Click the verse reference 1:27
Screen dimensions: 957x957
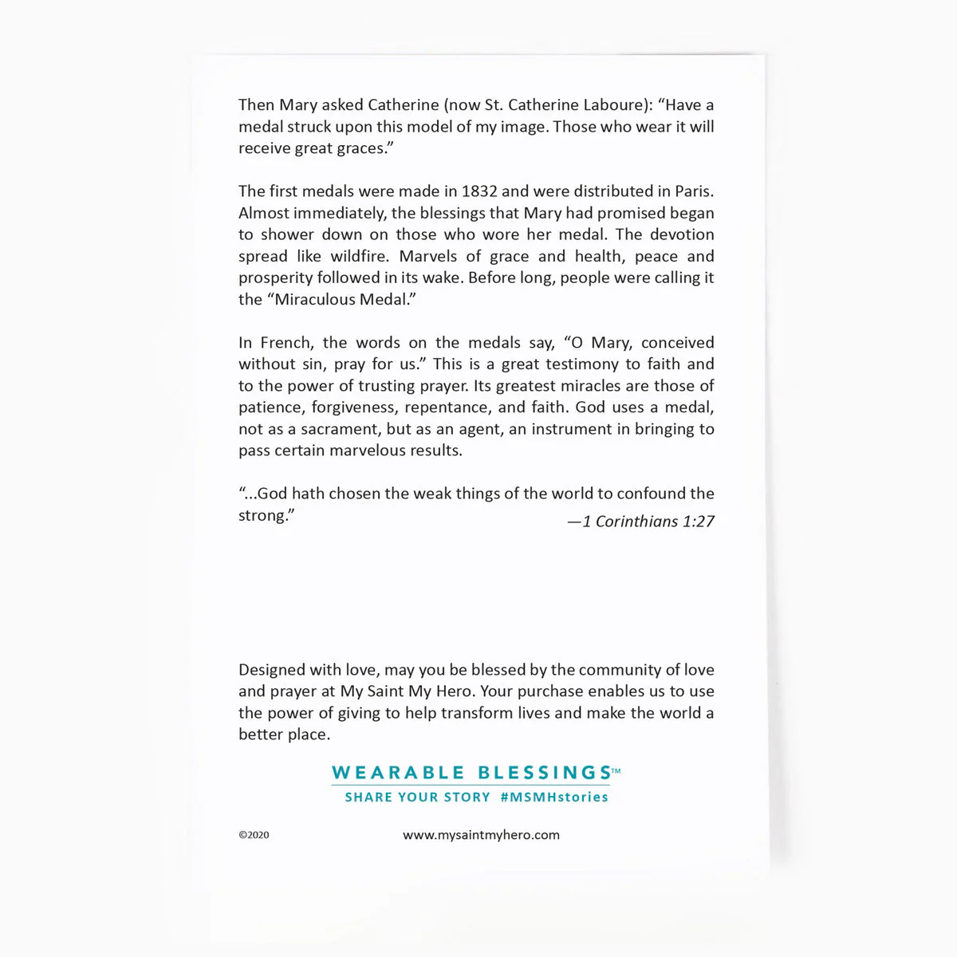(x=699, y=522)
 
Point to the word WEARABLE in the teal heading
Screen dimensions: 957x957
(x=398, y=773)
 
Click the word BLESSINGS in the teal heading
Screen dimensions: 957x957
(x=544, y=773)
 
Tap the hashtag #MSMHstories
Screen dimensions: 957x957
(x=554, y=797)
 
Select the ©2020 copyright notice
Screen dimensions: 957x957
(x=254, y=835)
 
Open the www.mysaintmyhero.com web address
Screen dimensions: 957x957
(x=481, y=835)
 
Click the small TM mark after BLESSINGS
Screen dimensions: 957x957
(x=616, y=770)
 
